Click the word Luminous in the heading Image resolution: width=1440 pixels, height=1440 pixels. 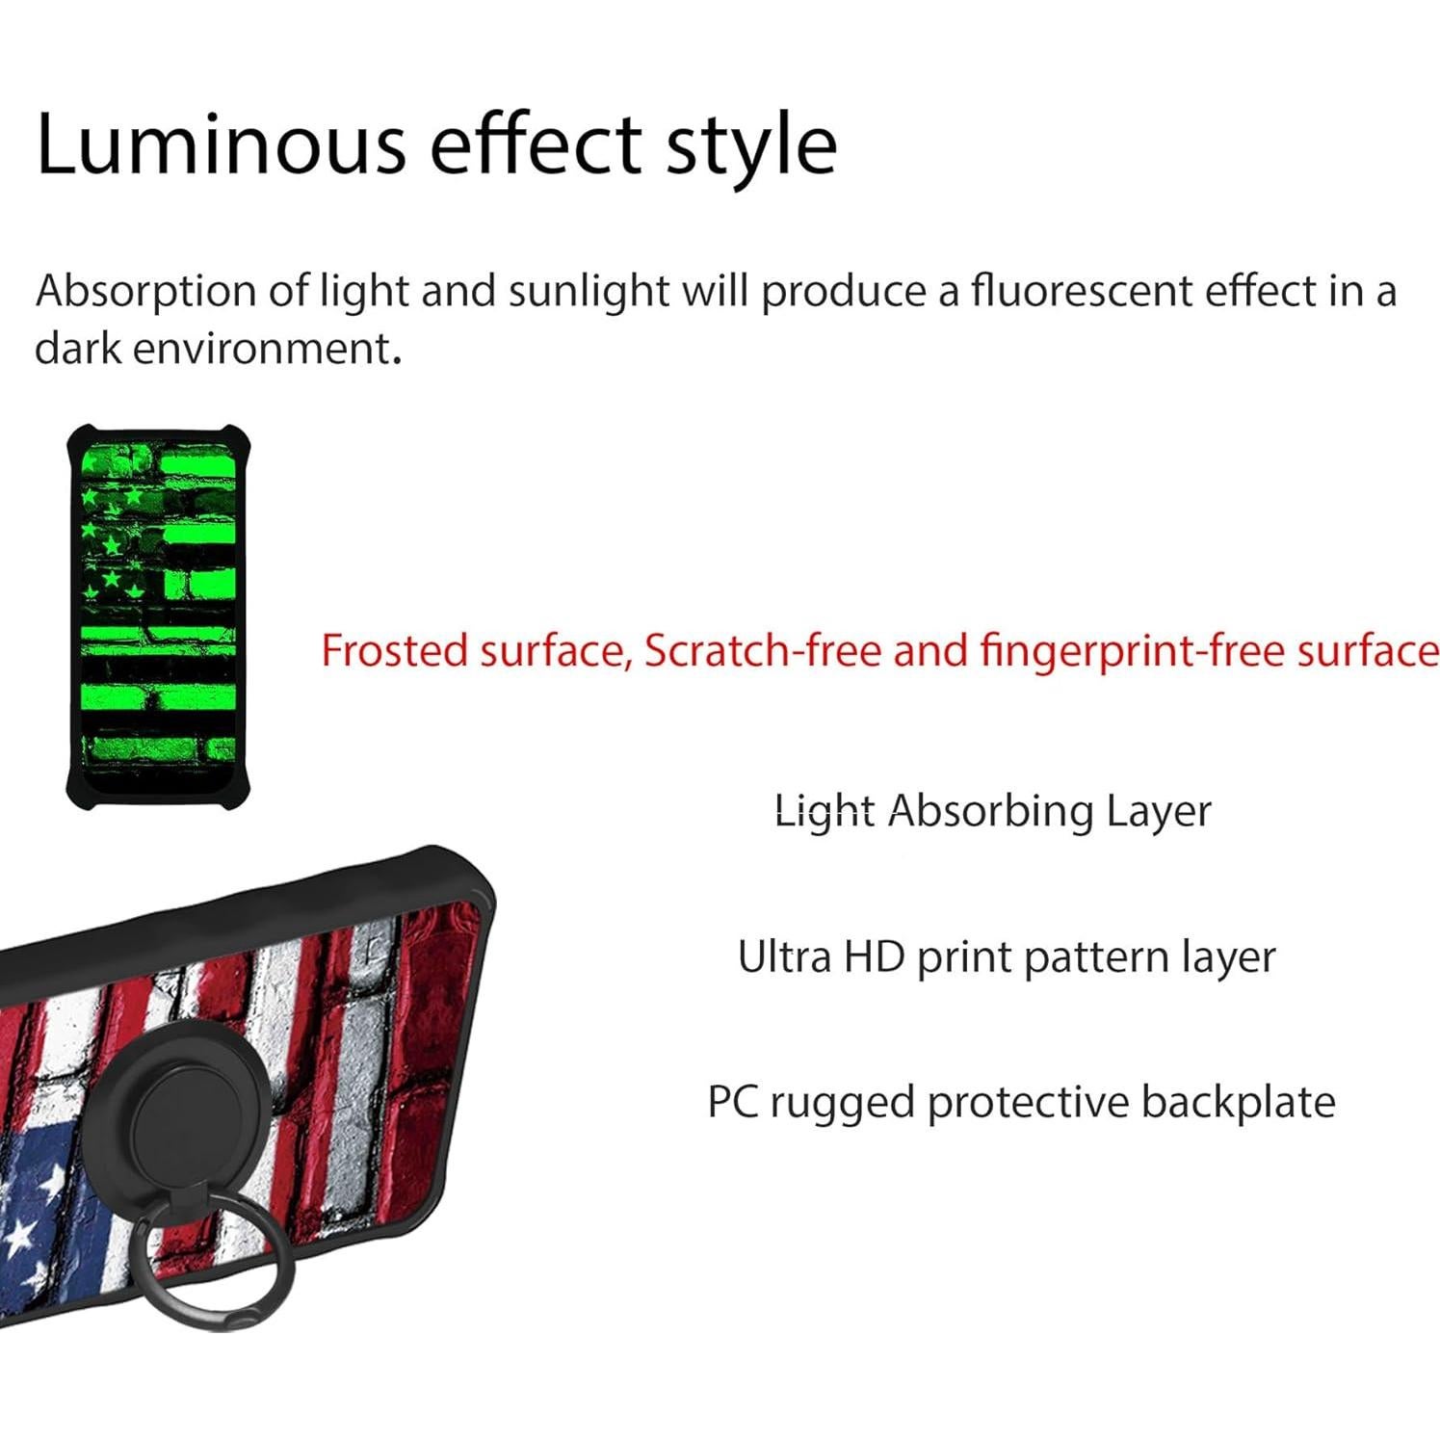221,144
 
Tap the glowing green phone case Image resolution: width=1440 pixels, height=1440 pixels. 158,613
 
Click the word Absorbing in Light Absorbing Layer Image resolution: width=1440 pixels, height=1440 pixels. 990,811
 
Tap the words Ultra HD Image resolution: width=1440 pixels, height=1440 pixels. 822,957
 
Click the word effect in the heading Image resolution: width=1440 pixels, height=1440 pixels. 536,144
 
